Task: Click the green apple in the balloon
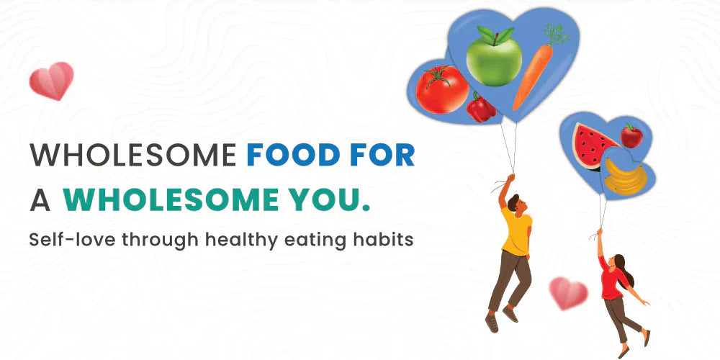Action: pyautogui.click(x=493, y=57)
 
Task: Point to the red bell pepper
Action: pyautogui.click(x=481, y=108)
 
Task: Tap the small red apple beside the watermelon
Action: pyautogui.click(x=631, y=135)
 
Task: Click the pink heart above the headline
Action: pyautogui.click(x=52, y=80)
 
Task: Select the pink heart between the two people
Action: pyautogui.click(x=568, y=292)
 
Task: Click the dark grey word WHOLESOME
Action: pyautogui.click(x=132, y=155)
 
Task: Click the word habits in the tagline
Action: pyautogui.click(x=387, y=240)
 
